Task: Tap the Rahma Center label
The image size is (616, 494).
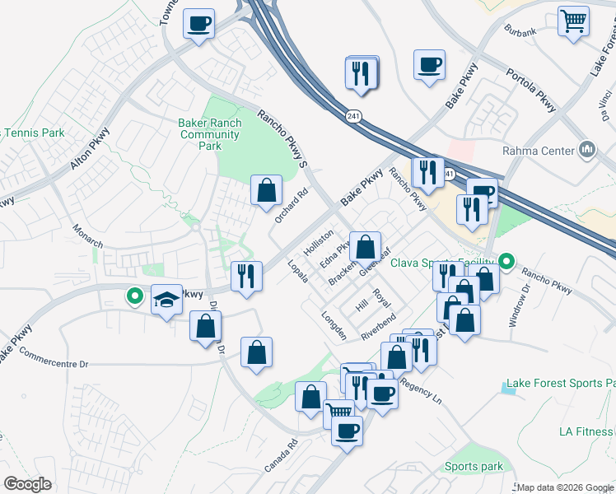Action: (x=537, y=151)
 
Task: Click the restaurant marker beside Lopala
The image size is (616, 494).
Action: (x=246, y=276)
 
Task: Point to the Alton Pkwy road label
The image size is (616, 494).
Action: (x=88, y=150)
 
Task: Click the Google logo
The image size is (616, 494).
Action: (x=28, y=484)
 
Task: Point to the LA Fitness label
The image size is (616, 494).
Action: (x=586, y=431)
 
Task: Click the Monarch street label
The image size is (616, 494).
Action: (x=87, y=235)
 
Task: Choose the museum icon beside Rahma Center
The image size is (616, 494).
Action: (x=587, y=150)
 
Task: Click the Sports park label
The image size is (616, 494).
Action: (x=474, y=467)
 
